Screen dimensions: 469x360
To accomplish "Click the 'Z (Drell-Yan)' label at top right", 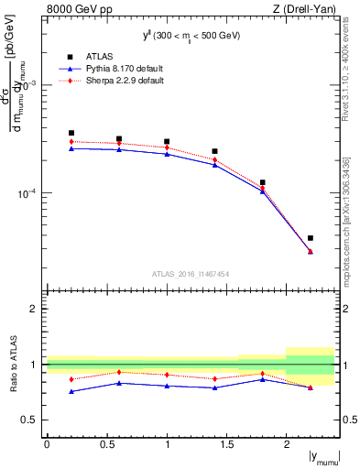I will pyautogui.click(x=307, y=8).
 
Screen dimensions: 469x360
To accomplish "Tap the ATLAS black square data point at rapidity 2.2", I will pyautogui.click(x=311, y=238).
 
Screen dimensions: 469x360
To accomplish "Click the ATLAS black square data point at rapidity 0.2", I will pyautogui.click(x=71, y=133).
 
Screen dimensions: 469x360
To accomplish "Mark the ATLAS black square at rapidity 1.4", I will pyautogui.click(x=214, y=151).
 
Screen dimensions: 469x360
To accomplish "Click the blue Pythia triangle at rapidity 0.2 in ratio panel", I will pyautogui.click(x=71, y=391).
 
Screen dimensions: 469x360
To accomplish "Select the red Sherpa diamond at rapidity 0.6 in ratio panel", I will pyautogui.click(x=119, y=372).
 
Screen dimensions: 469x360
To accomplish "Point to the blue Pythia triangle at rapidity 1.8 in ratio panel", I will pyautogui.click(x=263, y=379).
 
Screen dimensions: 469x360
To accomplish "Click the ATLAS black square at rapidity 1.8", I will pyautogui.click(x=263, y=182).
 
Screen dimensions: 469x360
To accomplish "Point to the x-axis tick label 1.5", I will pyautogui.click(x=226, y=443).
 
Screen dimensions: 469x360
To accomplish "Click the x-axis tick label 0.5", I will pyautogui.click(x=106, y=443).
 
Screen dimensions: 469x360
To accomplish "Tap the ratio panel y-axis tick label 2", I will pyautogui.click(x=34, y=310).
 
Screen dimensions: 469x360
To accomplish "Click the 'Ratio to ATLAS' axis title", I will pyautogui.click(x=13, y=365).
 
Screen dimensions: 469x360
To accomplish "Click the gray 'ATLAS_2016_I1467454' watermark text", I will pyautogui.click(x=191, y=273).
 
